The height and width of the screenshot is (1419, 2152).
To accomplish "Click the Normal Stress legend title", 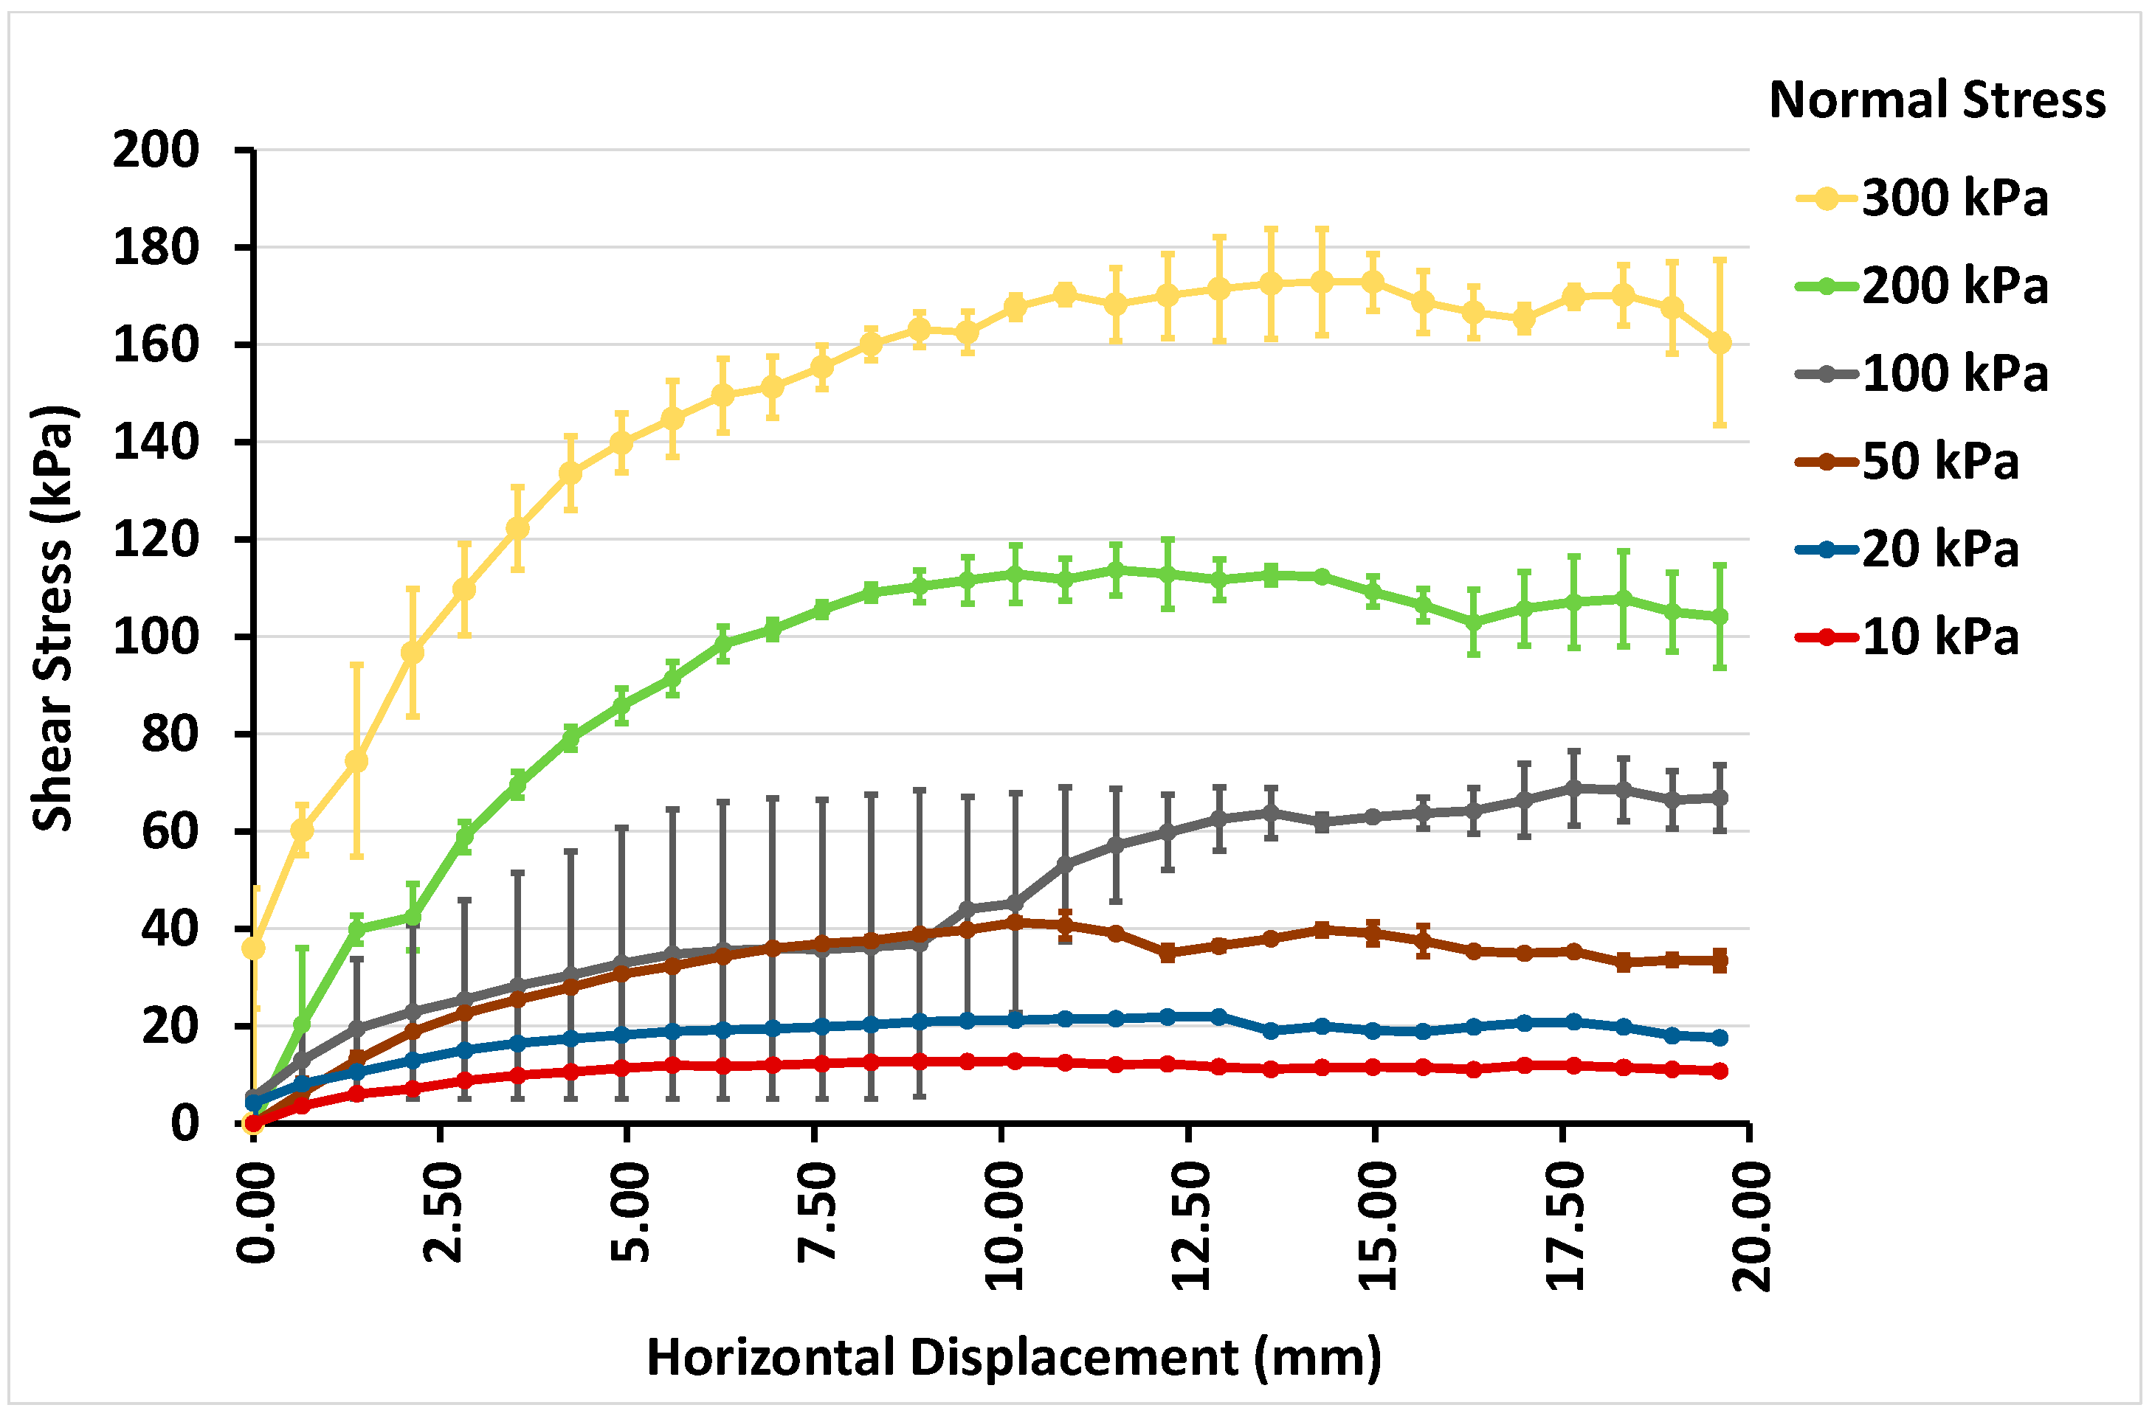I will click(x=1937, y=100).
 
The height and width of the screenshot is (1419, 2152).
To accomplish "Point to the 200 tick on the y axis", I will click(x=156, y=150).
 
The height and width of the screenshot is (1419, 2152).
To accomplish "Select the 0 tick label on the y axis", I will click(x=184, y=1124).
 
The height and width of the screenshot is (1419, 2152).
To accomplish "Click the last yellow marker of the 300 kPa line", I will click(x=1720, y=343).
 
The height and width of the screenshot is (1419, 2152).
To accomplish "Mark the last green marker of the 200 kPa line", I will click(x=1720, y=617).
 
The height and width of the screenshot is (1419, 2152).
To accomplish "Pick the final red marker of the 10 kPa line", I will click(x=1720, y=1071).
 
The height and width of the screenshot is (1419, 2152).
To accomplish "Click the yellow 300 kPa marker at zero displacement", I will click(x=253, y=948).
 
